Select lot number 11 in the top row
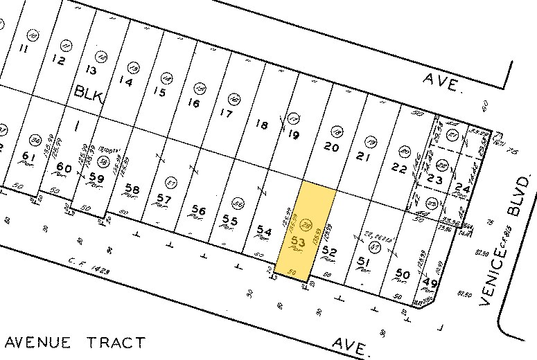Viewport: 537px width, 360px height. coord(24,48)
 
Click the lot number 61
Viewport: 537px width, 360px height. coord(28,155)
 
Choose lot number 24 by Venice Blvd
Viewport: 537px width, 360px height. coord(463,188)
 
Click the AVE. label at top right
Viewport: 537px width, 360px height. coord(443,85)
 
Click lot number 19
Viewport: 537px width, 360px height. coord(293,136)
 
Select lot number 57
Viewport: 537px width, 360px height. coord(164,199)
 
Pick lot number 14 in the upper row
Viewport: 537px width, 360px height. coord(125,81)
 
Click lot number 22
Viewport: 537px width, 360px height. coord(398,167)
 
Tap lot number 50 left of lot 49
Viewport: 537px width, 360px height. coord(402,276)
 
